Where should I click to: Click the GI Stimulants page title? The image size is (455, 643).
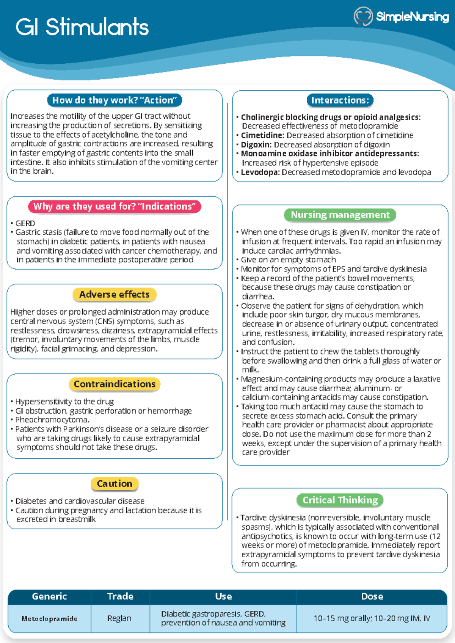[x=82, y=27]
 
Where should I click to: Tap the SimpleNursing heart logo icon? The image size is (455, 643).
[x=363, y=16]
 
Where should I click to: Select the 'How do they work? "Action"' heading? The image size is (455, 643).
[x=115, y=100]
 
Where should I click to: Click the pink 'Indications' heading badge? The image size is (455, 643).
[x=115, y=206]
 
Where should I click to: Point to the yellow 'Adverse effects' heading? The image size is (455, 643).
[x=115, y=294]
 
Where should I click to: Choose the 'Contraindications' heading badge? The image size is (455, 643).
[x=115, y=384]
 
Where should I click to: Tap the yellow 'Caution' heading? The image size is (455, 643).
[x=115, y=483]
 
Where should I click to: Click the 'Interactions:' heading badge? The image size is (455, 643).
[x=340, y=100]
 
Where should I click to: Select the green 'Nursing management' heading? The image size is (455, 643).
[x=340, y=215]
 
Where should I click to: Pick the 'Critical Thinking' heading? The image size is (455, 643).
[x=340, y=500]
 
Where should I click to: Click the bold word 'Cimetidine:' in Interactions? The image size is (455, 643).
[x=263, y=135]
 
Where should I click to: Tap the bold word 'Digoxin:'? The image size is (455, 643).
[x=256, y=144]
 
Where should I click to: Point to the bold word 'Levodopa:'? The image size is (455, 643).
[x=260, y=172]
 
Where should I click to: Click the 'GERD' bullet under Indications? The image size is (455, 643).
[x=25, y=223]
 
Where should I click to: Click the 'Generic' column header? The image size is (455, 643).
[x=49, y=596]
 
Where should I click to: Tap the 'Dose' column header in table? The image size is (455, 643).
[x=372, y=596]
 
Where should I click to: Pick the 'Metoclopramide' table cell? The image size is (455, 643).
[x=49, y=618]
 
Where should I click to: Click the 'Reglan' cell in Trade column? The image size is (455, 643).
[x=119, y=618]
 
